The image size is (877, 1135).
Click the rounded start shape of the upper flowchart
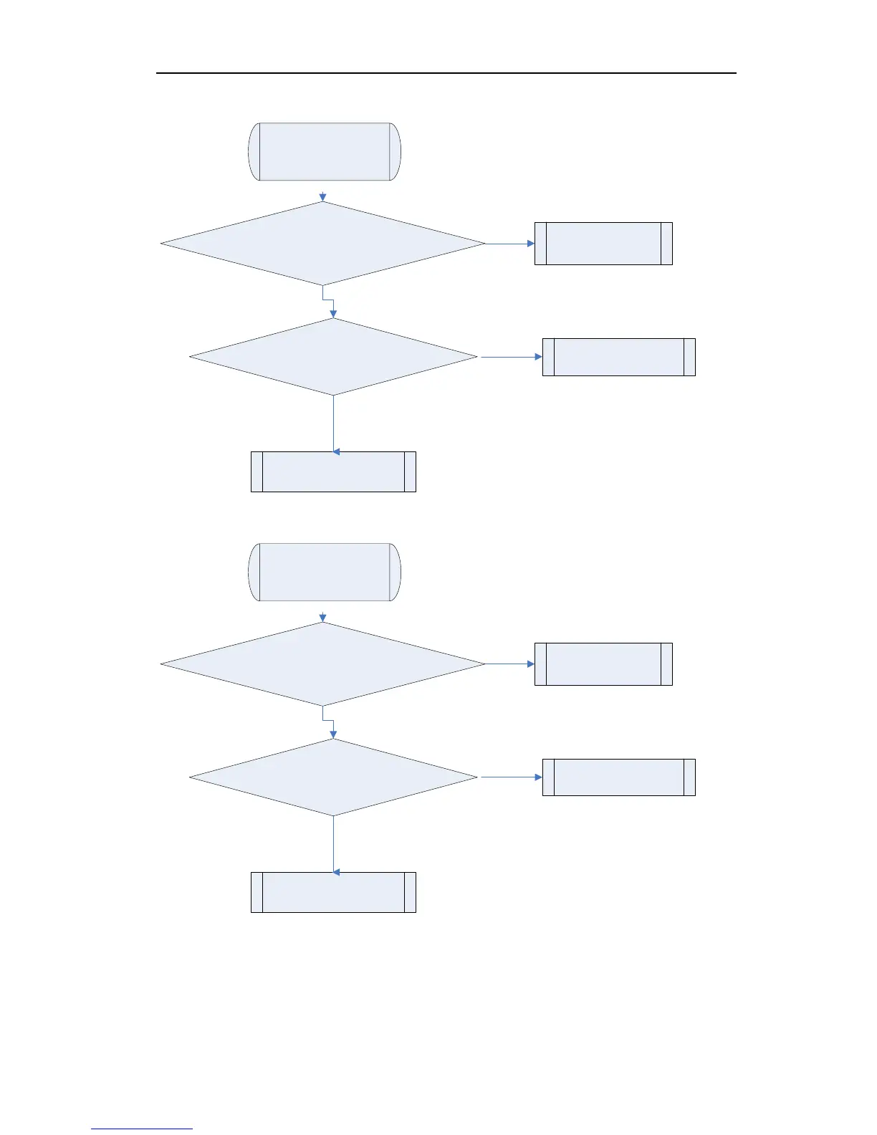point(324,151)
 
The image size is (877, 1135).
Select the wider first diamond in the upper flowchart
point(322,244)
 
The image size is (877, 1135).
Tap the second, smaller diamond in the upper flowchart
point(333,357)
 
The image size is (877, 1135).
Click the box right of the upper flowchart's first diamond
point(603,244)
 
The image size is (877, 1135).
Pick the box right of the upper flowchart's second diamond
point(619,357)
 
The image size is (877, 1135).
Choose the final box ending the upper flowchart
point(333,471)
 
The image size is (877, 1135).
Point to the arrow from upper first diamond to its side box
point(509,244)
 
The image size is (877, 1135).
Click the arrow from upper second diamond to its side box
point(509,357)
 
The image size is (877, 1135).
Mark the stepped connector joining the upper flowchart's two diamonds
point(329,300)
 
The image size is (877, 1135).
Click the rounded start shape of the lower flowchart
point(324,572)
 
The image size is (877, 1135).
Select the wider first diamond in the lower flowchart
point(322,664)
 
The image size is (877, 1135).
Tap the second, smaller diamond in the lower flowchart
point(333,777)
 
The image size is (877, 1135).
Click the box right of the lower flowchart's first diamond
point(603,664)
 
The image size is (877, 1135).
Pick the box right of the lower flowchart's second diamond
point(619,777)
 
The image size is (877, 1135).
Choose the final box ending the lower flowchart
point(333,892)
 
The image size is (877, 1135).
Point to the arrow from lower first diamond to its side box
point(509,664)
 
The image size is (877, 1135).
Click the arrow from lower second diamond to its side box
point(509,777)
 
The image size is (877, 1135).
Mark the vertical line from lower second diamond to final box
point(334,844)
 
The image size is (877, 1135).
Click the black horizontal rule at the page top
point(446,73)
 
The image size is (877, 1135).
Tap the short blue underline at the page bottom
point(142,1129)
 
